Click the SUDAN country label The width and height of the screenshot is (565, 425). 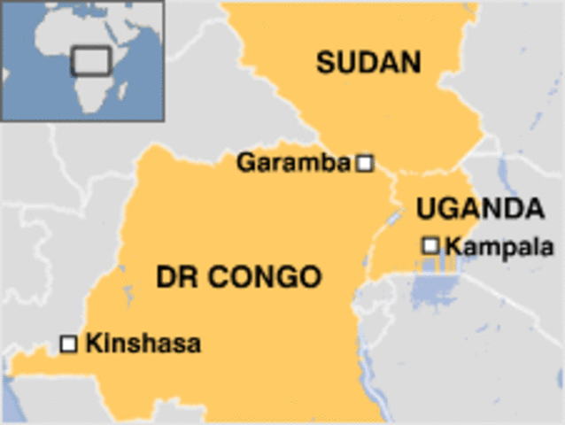click(368, 62)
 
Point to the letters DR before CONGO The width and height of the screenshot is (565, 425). click(178, 277)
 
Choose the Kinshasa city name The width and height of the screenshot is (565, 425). click(143, 343)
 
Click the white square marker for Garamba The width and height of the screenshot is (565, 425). click(364, 163)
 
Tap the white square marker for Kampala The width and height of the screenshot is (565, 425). click(431, 244)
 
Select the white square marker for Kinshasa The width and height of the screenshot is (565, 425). click(68, 343)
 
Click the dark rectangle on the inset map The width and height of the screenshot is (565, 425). click(90, 60)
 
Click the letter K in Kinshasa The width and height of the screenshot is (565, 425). click(92, 343)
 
